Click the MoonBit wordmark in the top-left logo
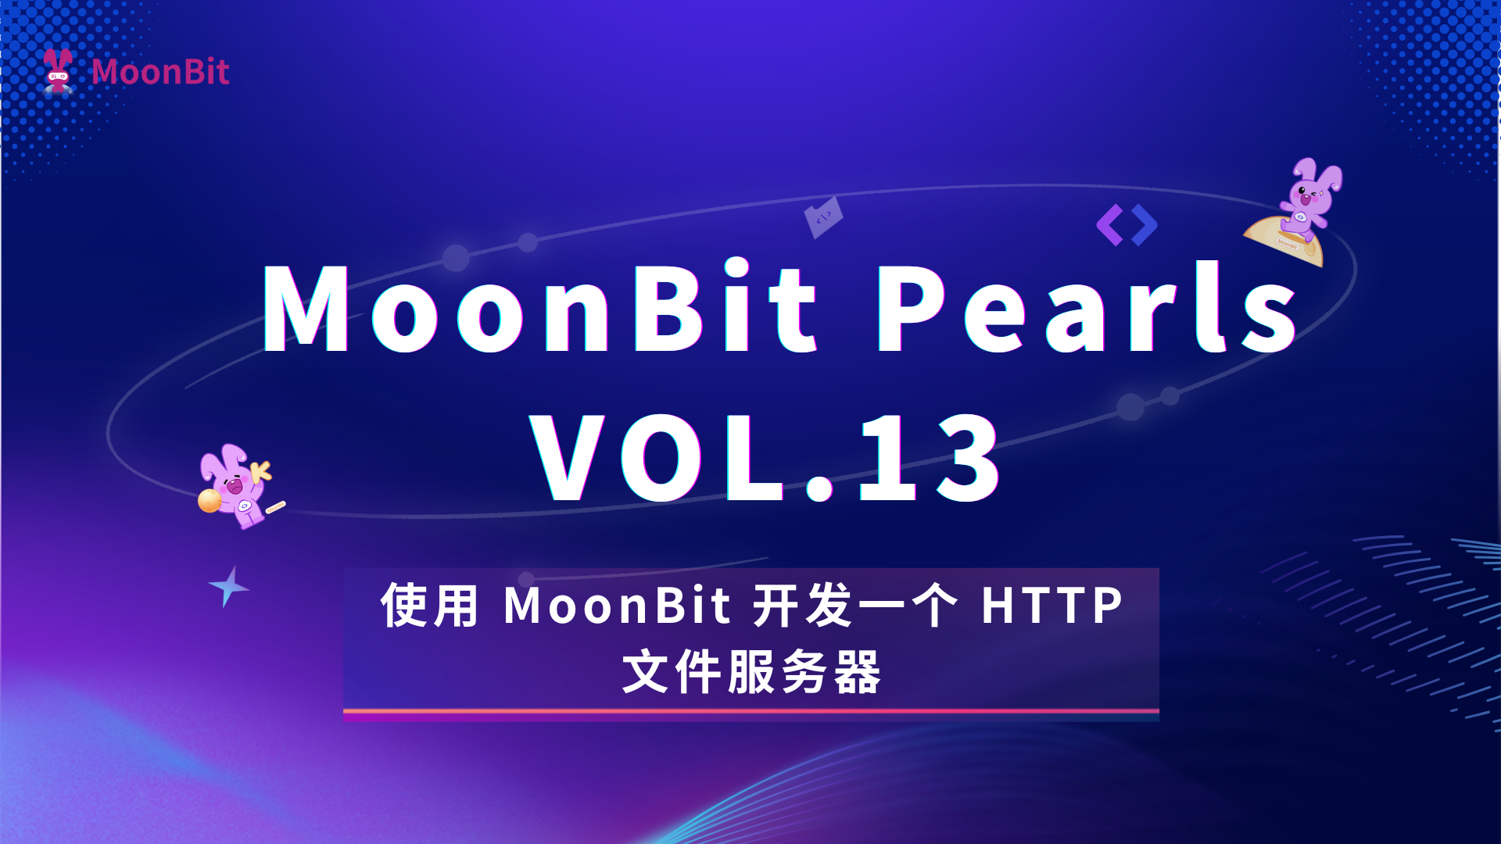click(160, 72)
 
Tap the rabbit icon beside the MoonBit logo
click(58, 71)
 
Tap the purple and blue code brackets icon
click(1127, 225)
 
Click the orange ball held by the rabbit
click(210, 500)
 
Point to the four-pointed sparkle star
click(228, 586)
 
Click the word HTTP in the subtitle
click(1052, 606)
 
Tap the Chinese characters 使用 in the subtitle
click(429, 606)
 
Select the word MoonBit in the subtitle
click(618, 606)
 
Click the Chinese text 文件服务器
click(751, 672)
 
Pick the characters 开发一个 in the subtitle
click(855, 606)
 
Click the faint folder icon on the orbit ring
click(823, 217)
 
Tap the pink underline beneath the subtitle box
click(750, 712)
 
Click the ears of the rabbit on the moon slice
click(1320, 174)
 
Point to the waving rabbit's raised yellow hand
click(260, 470)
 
